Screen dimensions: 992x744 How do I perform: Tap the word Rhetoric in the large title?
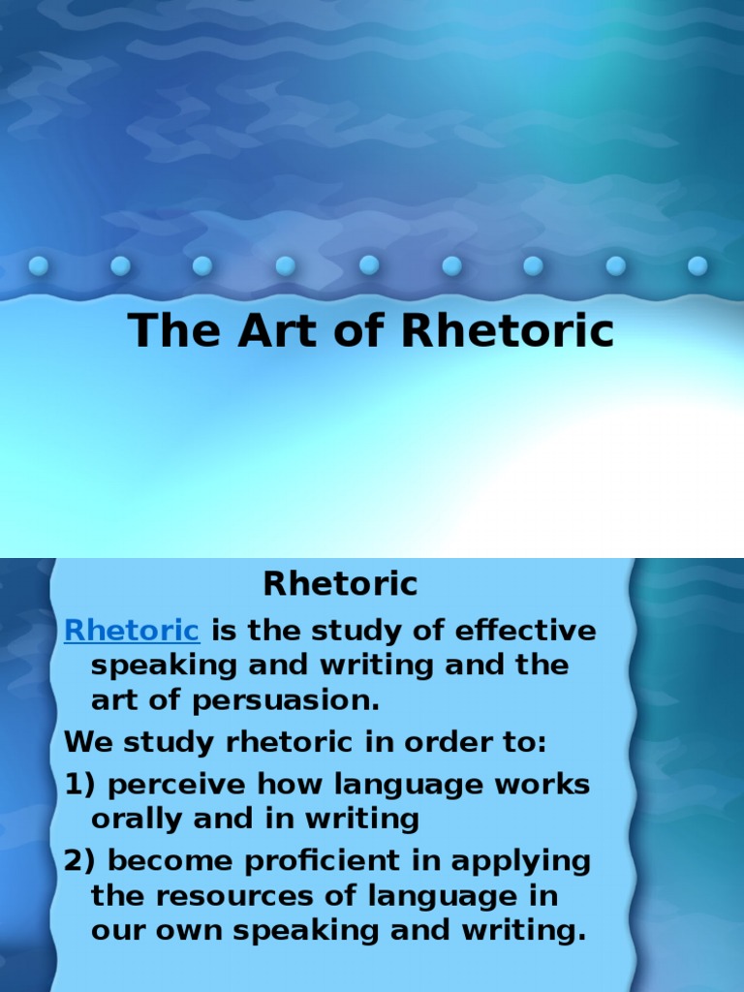(509, 330)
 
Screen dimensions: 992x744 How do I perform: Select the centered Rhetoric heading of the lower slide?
(340, 584)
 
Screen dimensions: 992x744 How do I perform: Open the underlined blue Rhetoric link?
(132, 631)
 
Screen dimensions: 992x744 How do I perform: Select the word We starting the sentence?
(84, 743)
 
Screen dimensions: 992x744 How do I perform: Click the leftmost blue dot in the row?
(39, 265)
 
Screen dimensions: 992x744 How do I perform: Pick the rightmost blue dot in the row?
(697, 265)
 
